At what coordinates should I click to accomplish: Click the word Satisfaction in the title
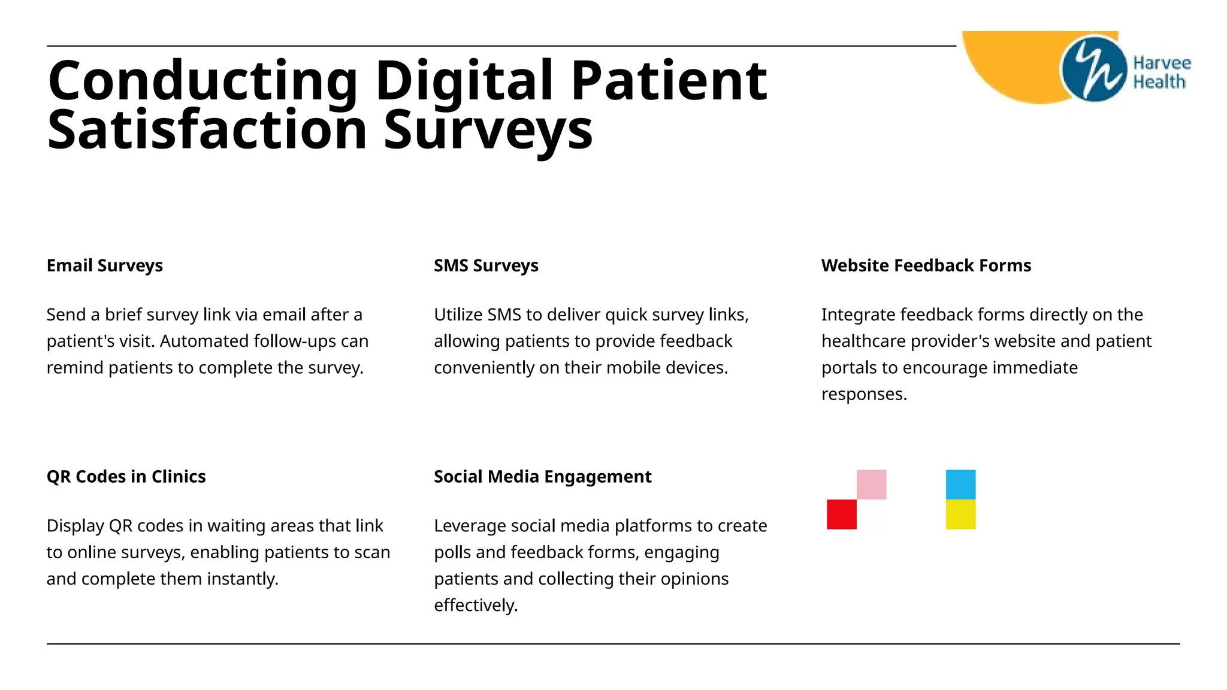click(207, 130)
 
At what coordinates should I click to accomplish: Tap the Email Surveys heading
click(105, 265)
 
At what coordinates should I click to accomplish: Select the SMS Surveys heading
click(486, 265)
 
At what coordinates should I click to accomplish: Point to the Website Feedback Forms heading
click(926, 265)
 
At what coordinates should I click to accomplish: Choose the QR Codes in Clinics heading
click(126, 477)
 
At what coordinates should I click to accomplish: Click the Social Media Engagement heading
click(542, 477)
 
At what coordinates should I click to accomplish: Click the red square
click(842, 515)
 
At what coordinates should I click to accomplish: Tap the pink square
click(871, 485)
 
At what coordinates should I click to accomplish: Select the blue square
click(960, 485)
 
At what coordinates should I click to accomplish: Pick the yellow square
click(960, 515)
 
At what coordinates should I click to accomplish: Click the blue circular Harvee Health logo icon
click(1093, 69)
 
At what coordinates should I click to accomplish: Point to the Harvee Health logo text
click(1161, 72)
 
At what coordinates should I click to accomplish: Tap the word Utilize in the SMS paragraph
click(458, 315)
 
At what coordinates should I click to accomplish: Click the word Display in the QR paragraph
click(75, 526)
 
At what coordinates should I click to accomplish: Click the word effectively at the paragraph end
click(475, 606)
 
